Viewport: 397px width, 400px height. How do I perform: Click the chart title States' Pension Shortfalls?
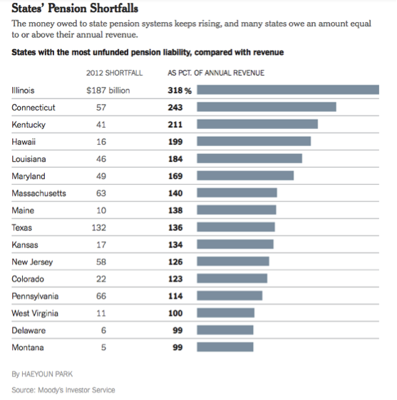tap(75, 9)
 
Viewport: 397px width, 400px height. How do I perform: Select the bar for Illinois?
tap(287, 90)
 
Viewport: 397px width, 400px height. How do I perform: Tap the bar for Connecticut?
tap(266, 107)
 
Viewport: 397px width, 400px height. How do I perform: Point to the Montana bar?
tap(225, 347)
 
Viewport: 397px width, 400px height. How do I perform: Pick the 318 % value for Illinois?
tap(180, 91)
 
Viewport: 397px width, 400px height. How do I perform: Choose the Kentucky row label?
tap(29, 125)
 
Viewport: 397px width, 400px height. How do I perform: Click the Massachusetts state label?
tap(38, 193)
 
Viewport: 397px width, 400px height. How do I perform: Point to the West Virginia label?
tap(35, 313)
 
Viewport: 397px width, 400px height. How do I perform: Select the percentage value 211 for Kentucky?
tap(175, 125)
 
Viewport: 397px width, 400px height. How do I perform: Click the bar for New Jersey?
tap(232, 262)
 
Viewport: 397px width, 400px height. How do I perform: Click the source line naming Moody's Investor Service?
tap(63, 390)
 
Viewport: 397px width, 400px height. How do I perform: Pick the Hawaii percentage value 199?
tap(175, 142)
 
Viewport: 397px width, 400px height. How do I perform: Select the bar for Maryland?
tap(244, 175)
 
